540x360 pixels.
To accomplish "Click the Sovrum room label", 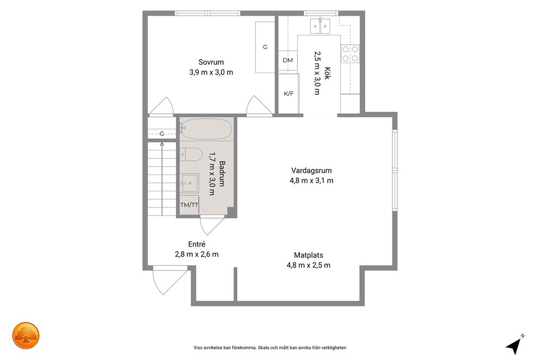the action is point(211,62).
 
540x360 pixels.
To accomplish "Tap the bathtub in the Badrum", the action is point(206,129).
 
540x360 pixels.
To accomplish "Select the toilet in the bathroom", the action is point(191,155).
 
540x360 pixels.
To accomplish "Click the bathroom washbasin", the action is point(190,182).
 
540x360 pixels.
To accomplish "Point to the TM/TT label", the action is point(189,205).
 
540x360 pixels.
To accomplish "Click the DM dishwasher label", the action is point(287,60).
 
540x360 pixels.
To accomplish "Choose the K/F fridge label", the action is point(289,93).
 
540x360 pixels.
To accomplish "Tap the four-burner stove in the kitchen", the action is point(350,54).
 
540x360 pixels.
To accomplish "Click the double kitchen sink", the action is point(320,26).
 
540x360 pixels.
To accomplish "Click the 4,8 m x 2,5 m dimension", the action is point(309,265).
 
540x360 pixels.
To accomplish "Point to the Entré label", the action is point(197,244).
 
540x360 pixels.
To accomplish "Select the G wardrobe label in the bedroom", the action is point(265,47).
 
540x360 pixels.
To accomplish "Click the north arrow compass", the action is point(514,345).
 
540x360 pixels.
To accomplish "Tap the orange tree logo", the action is point(26,335).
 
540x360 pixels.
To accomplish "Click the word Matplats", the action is point(309,255).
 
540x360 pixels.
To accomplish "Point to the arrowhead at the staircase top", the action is point(162,144).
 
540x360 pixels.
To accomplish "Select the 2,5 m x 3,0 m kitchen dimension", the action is point(317,73).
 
